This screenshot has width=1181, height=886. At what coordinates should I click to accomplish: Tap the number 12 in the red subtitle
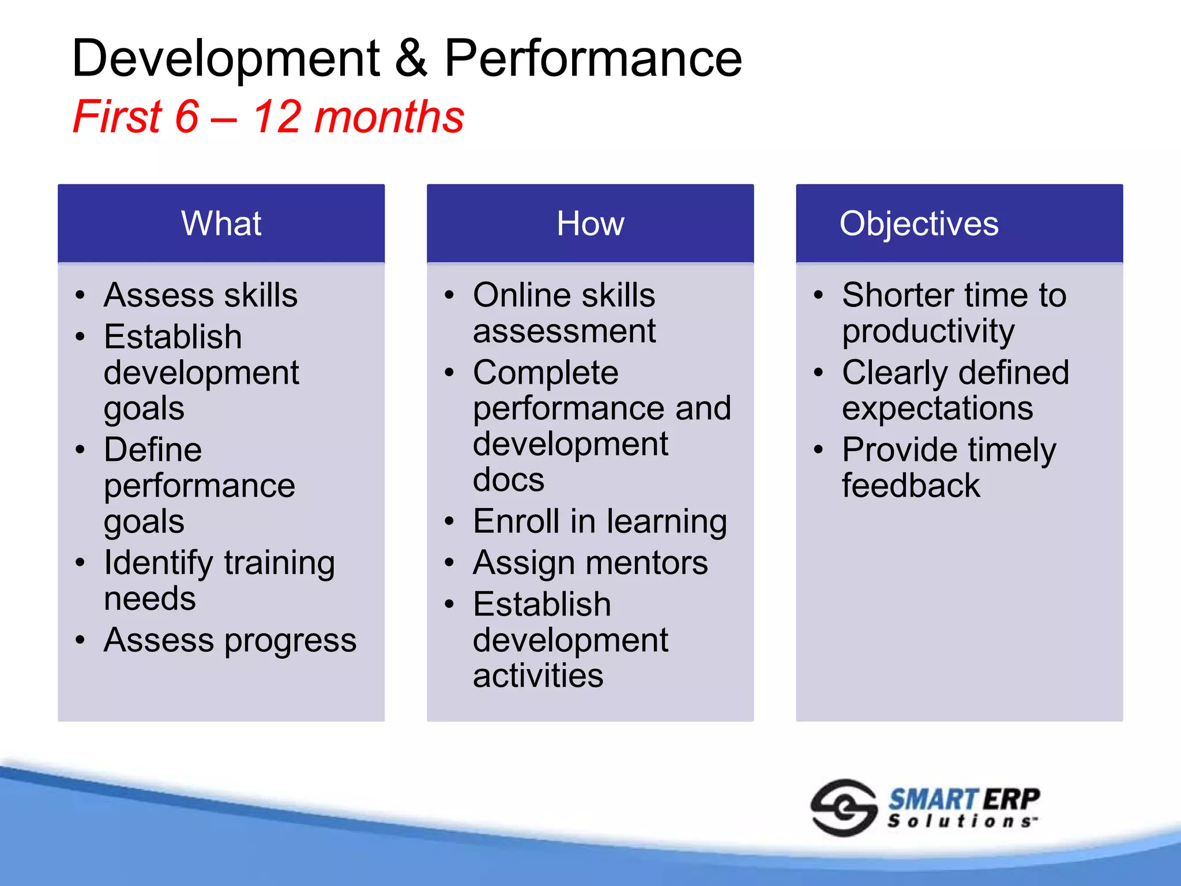277,117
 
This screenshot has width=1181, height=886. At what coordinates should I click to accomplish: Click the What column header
221,223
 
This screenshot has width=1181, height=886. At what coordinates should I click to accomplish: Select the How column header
590,223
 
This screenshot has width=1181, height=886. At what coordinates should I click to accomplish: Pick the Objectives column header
919,223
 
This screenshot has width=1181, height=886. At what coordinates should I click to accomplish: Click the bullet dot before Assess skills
80,295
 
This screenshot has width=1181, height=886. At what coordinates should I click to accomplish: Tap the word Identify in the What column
158,564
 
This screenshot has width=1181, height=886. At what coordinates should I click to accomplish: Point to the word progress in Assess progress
291,641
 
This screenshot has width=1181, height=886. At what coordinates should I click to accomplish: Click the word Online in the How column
522,295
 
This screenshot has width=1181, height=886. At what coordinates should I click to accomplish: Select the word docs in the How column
508,480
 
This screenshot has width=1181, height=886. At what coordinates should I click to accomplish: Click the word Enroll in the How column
516,521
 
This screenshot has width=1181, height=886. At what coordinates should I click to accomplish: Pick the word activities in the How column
537,676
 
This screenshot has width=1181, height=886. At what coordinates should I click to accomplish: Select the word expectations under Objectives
937,409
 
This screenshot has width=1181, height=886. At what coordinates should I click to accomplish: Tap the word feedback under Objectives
911,486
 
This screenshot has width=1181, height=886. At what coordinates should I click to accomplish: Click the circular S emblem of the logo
844,808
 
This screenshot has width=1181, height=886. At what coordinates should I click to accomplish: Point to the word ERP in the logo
1011,799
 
